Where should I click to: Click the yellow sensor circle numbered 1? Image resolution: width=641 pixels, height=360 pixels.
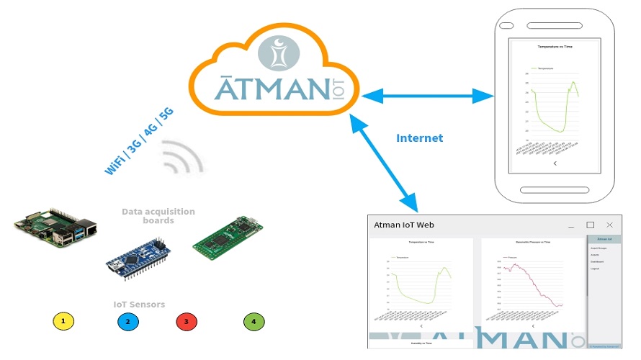click(x=63, y=321)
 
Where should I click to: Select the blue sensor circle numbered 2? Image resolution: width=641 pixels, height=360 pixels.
click(x=127, y=321)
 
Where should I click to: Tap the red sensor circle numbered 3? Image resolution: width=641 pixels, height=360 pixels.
click(x=186, y=321)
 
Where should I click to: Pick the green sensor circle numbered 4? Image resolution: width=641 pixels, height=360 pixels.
click(x=253, y=321)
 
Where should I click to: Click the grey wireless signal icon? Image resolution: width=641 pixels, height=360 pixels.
click(x=182, y=158)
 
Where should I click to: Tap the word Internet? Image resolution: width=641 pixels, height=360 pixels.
click(x=419, y=138)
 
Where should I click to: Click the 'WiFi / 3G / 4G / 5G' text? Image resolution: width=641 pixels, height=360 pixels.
click(x=139, y=142)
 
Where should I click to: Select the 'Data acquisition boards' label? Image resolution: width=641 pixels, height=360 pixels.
click(x=158, y=216)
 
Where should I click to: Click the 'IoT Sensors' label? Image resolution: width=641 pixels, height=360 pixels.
click(x=139, y=305)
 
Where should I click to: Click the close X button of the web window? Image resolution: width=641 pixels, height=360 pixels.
click(x=609, y=225)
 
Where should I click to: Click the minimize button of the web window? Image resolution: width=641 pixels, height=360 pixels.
click(x=571, y=225)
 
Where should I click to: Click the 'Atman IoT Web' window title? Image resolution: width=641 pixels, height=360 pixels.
click(x=404, y=225)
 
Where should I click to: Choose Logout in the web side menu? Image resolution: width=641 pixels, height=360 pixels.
click(x=595, y=269)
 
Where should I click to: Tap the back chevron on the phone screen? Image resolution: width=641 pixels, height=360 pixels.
click(x=554, y=163)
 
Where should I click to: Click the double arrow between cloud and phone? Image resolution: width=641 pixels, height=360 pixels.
click(x=426, y=95)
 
